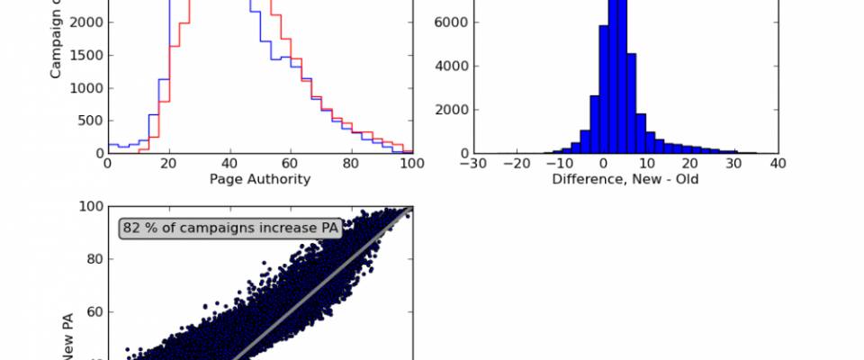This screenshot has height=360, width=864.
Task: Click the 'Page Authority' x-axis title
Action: point(260,179)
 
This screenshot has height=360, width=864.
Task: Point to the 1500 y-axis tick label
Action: point(85,56)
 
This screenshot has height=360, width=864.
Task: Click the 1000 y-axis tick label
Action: point(85,88)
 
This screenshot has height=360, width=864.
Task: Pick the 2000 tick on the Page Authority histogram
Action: point(85,23)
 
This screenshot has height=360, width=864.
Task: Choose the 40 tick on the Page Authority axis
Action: point(229,164)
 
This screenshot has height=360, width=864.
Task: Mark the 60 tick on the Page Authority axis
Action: point(291,164)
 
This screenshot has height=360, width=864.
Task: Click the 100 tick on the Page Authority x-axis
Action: point(412,164)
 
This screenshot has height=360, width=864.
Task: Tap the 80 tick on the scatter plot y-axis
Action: point(92,259)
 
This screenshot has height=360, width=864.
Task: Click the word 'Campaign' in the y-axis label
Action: point(56,49)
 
